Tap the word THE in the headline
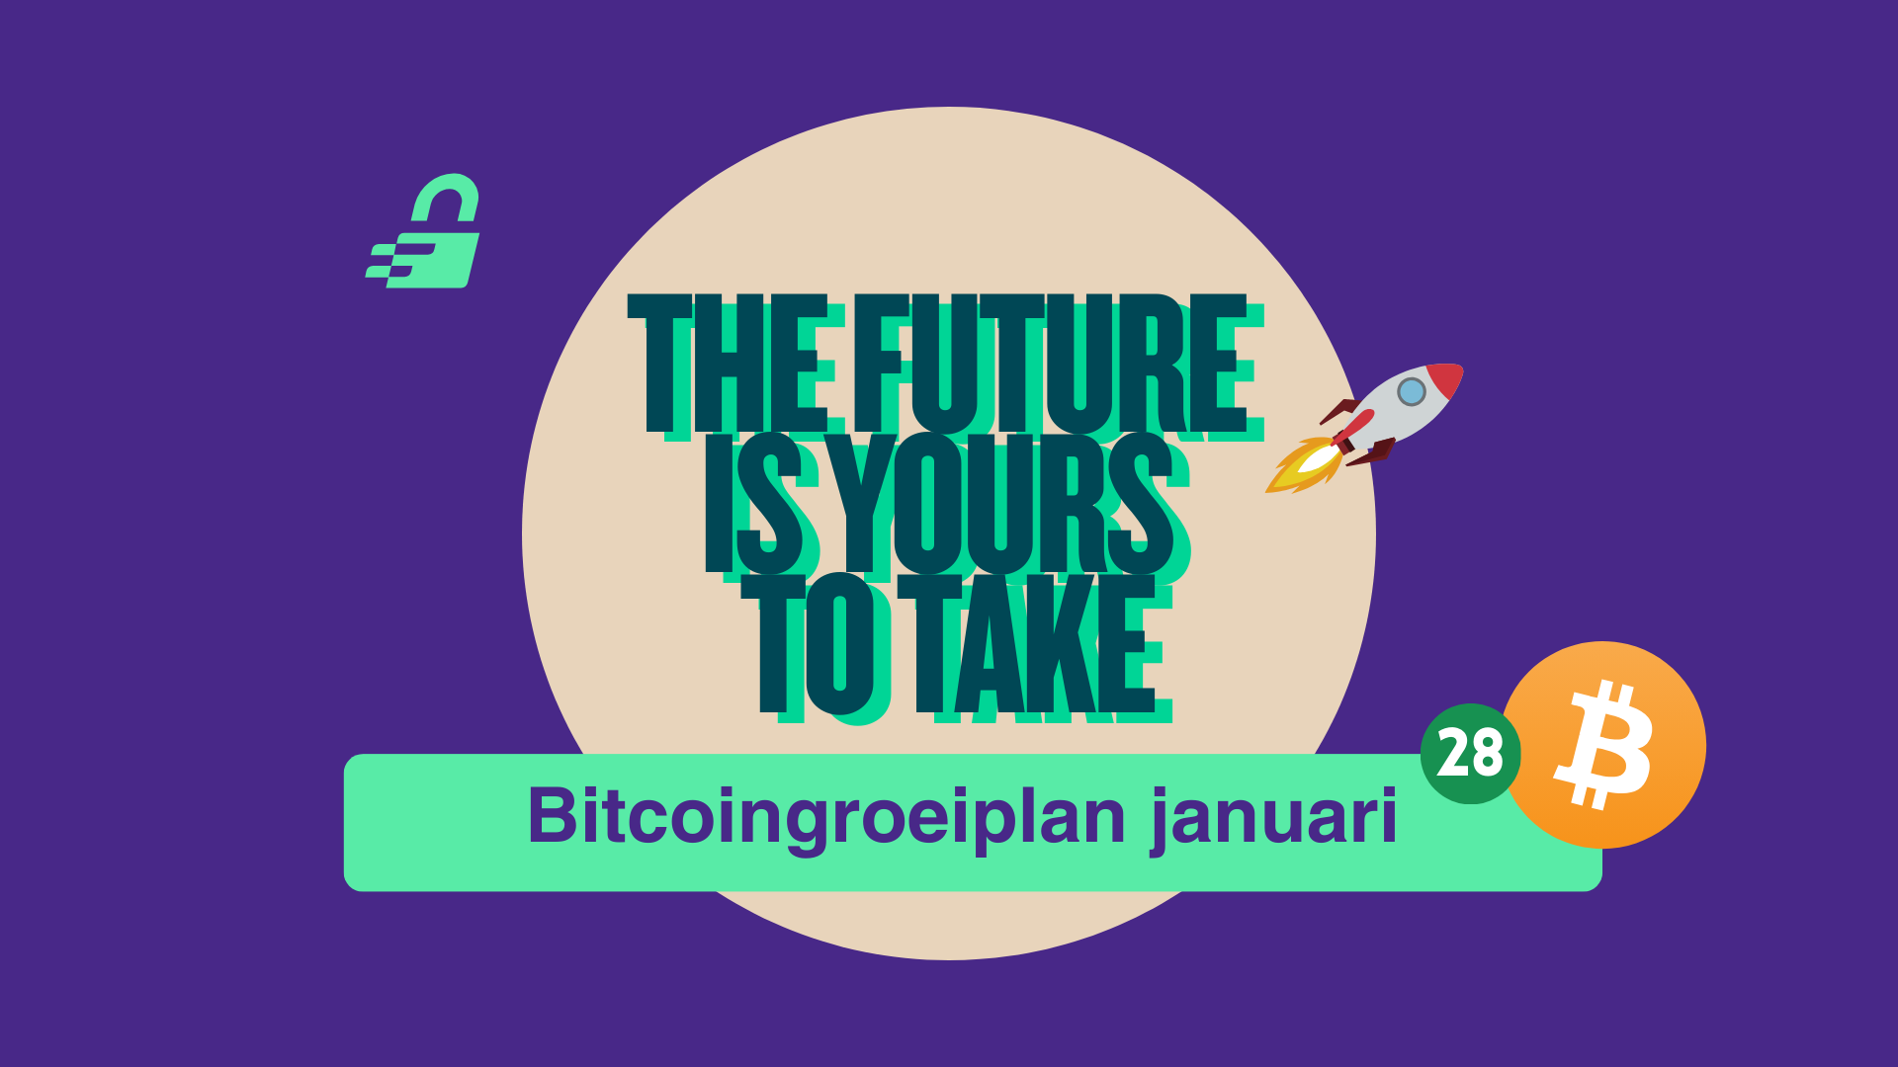[x=729, y=363]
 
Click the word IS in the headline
[x=754, y=504]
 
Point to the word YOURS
[x=998, y=504]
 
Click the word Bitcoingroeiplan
[x=826, y=818]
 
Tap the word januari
[x=1274, y=818]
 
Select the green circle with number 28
[x=1470, y=754]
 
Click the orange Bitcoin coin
[x=1604, y=744]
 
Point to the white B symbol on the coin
[x=1603, y=745]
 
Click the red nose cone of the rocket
[x=1446, y=379]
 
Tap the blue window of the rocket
[x=1411, y=392]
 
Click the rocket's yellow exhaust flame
[x=1303, y=464]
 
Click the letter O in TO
[x=839, y=644]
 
